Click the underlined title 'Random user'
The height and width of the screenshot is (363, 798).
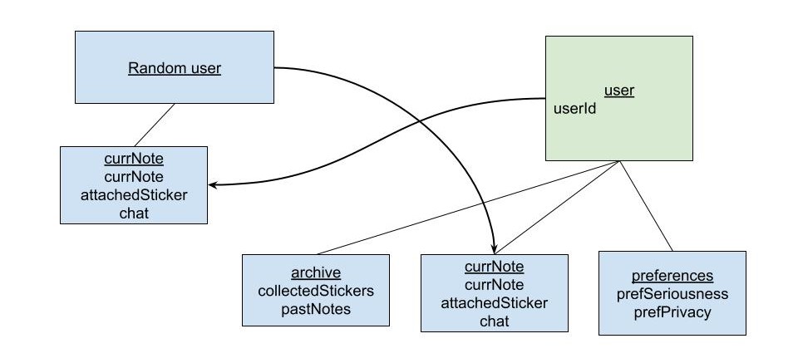point(175,68)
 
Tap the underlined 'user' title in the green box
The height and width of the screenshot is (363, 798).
point(618,91)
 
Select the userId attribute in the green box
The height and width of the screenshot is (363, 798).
point(575,109)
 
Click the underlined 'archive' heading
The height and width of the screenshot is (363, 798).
point(316,272)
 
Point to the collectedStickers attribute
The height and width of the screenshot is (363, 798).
point(316,291)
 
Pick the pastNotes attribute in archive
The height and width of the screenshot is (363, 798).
point(316,309)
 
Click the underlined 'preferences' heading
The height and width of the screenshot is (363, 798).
point(672,276)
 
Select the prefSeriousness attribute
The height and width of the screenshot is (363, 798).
point(672,294)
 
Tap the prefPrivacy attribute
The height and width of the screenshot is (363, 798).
point(672,312)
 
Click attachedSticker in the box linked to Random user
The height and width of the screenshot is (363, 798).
point(134,195)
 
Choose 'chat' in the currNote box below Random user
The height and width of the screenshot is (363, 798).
point(134,213)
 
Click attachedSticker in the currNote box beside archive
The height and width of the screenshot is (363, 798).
point(495,303)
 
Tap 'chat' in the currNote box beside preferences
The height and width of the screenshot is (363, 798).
point(495,321)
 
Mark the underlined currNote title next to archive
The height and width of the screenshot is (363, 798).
point(495,267)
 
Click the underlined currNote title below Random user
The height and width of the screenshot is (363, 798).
point(134,159)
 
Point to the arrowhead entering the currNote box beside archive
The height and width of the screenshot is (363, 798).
point(495,248)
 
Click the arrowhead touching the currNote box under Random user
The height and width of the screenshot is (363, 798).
point(214,185)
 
